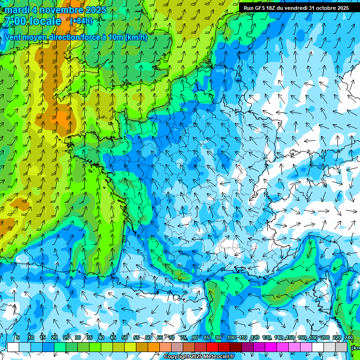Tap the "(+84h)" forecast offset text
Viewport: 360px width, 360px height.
pyautogui.click(x=81, y=21)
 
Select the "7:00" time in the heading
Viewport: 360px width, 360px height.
pyautogui.click(x=15, y=21)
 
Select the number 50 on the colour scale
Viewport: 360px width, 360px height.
pyautogui.click(x=125, y=337)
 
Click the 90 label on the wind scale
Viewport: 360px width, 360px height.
pyautogui.click(x=218, y=337)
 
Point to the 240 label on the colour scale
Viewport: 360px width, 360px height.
pyautogui.click(x=349, y=337)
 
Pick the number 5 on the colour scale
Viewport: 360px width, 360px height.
pyautogui.click(x=18, y=337)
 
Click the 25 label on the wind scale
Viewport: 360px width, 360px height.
pyautogui.click(x=66, y=337)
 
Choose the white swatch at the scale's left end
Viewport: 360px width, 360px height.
pyautogui.click(x=13, y=347)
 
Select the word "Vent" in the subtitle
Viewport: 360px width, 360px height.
pyautogui.click(x=13, y=37)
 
